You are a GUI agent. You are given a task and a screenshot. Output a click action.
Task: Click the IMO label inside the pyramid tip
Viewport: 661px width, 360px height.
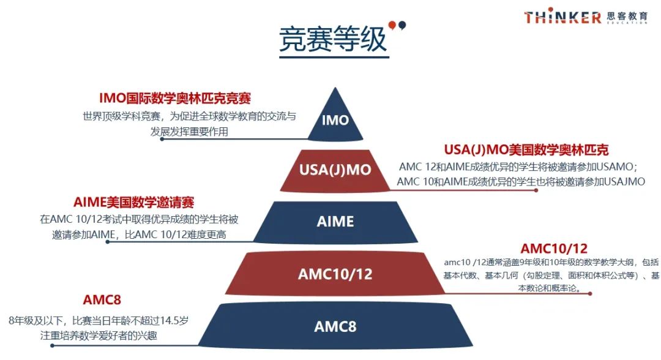(335, 120)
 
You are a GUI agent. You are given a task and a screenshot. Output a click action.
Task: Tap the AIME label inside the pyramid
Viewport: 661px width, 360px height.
(335, 221)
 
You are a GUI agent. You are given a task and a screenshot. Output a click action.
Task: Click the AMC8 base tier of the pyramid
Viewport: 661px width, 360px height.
(335, 326)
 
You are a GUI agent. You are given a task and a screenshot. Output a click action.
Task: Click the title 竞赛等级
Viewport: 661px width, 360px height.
(333, 39)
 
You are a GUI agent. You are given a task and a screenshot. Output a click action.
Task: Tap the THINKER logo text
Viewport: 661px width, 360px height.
(562, 17)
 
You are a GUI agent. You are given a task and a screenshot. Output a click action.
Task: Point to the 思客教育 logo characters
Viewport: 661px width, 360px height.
(627, 16)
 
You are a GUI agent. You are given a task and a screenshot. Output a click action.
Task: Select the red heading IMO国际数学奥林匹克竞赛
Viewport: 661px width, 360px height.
(175, 98)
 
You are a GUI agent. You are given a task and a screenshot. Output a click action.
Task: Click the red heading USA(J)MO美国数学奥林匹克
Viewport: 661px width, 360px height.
(526, 149)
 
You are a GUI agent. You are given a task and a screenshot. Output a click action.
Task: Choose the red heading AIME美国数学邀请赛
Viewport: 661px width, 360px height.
(133, 202)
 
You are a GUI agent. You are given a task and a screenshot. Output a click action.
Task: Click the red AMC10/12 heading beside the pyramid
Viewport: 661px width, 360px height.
(554, 249)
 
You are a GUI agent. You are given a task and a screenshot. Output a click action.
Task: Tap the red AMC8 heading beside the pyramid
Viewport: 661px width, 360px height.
(102, 300)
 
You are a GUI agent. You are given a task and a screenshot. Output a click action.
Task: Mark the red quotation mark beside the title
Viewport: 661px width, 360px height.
(392, 26)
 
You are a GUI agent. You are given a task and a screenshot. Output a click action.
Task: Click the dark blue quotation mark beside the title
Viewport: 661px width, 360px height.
(402, 26)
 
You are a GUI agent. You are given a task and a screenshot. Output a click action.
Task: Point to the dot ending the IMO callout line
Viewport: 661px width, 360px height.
(162, 139)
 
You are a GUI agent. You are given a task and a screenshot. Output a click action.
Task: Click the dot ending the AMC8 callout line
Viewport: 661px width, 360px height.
(52, 346)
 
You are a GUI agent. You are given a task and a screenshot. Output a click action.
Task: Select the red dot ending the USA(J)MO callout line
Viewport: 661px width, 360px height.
(536, 190)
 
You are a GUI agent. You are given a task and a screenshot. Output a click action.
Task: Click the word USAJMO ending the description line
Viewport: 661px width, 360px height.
(625, 182)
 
